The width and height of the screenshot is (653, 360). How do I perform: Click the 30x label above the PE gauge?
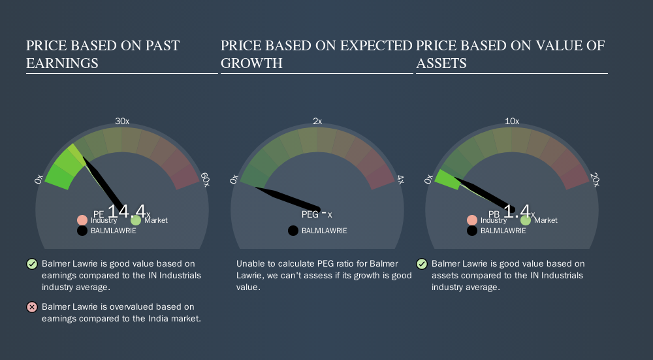click(122, 122)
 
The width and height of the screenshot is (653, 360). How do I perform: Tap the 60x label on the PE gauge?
click(205, 180)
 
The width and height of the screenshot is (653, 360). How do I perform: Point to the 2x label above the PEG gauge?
click(317, 122)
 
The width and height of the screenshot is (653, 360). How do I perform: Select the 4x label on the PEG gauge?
click(400, 180)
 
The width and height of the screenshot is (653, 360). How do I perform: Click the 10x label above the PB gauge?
click(512, 122)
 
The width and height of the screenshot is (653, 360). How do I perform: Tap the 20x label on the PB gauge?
click(595, 180)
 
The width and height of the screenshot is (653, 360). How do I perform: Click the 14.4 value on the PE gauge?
click(127, 211)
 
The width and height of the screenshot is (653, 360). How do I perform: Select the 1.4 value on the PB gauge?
click(517, 211)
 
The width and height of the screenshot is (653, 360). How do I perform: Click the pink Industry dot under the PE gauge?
click(82, 220)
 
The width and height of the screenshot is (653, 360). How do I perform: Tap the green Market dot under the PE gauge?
click(136, 220)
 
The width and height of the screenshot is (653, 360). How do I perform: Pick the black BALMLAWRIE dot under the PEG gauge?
click(293, 231)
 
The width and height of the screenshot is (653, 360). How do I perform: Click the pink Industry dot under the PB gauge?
click(472, 220)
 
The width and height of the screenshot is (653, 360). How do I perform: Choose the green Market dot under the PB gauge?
click(526, 220)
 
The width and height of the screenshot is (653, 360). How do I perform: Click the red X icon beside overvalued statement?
click(32, 307)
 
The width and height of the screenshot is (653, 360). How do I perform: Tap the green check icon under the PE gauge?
click(32, 264)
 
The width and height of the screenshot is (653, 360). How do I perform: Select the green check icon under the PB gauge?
click(422, 264)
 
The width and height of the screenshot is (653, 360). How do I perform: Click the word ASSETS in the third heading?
click(441, 63)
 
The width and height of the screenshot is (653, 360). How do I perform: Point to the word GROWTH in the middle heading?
click(251, 63)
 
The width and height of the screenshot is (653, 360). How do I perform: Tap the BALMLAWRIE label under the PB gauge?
click(503, 231)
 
